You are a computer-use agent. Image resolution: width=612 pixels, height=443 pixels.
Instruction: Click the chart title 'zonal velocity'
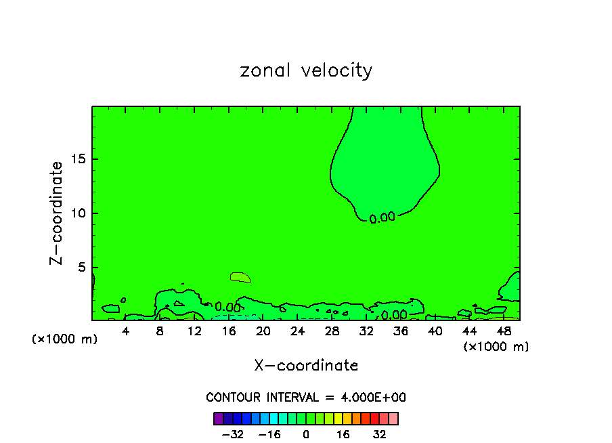tap(306, 70)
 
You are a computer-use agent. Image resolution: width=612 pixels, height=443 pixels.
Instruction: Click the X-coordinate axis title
tap(306, 366)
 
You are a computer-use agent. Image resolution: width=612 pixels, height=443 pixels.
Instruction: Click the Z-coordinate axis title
tap(57, 213)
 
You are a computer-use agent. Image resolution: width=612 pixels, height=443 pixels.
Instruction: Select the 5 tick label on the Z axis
tap(79, 268)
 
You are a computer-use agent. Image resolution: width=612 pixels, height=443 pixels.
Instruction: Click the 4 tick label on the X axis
tap(126, 331)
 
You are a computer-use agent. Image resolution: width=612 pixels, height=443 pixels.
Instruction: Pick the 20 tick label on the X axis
tap(263, 331)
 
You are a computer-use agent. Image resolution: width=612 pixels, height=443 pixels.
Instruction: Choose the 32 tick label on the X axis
tap(366, 331)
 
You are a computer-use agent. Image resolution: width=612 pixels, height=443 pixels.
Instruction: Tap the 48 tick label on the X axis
tap(504, 331)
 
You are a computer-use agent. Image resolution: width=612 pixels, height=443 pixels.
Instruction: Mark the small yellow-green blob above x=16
tap(240, 277)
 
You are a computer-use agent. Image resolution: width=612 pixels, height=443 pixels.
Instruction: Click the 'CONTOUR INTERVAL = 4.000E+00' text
tap(306, 398)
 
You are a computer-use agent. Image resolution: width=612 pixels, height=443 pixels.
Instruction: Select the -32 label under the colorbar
tap(232, 435)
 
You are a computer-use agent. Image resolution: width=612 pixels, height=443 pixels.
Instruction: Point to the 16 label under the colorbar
tap(343, 435)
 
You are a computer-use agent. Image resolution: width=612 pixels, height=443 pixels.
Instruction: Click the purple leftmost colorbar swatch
tap(218, 419)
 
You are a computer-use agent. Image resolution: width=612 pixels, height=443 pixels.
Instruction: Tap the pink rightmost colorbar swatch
tap(393, 419)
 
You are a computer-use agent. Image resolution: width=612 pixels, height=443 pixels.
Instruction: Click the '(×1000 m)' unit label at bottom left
tap(65, 339)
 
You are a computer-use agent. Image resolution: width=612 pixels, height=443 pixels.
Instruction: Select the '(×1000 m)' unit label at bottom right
tap(496, 347)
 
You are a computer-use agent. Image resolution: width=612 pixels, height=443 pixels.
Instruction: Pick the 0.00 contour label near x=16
tap(227, 307)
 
